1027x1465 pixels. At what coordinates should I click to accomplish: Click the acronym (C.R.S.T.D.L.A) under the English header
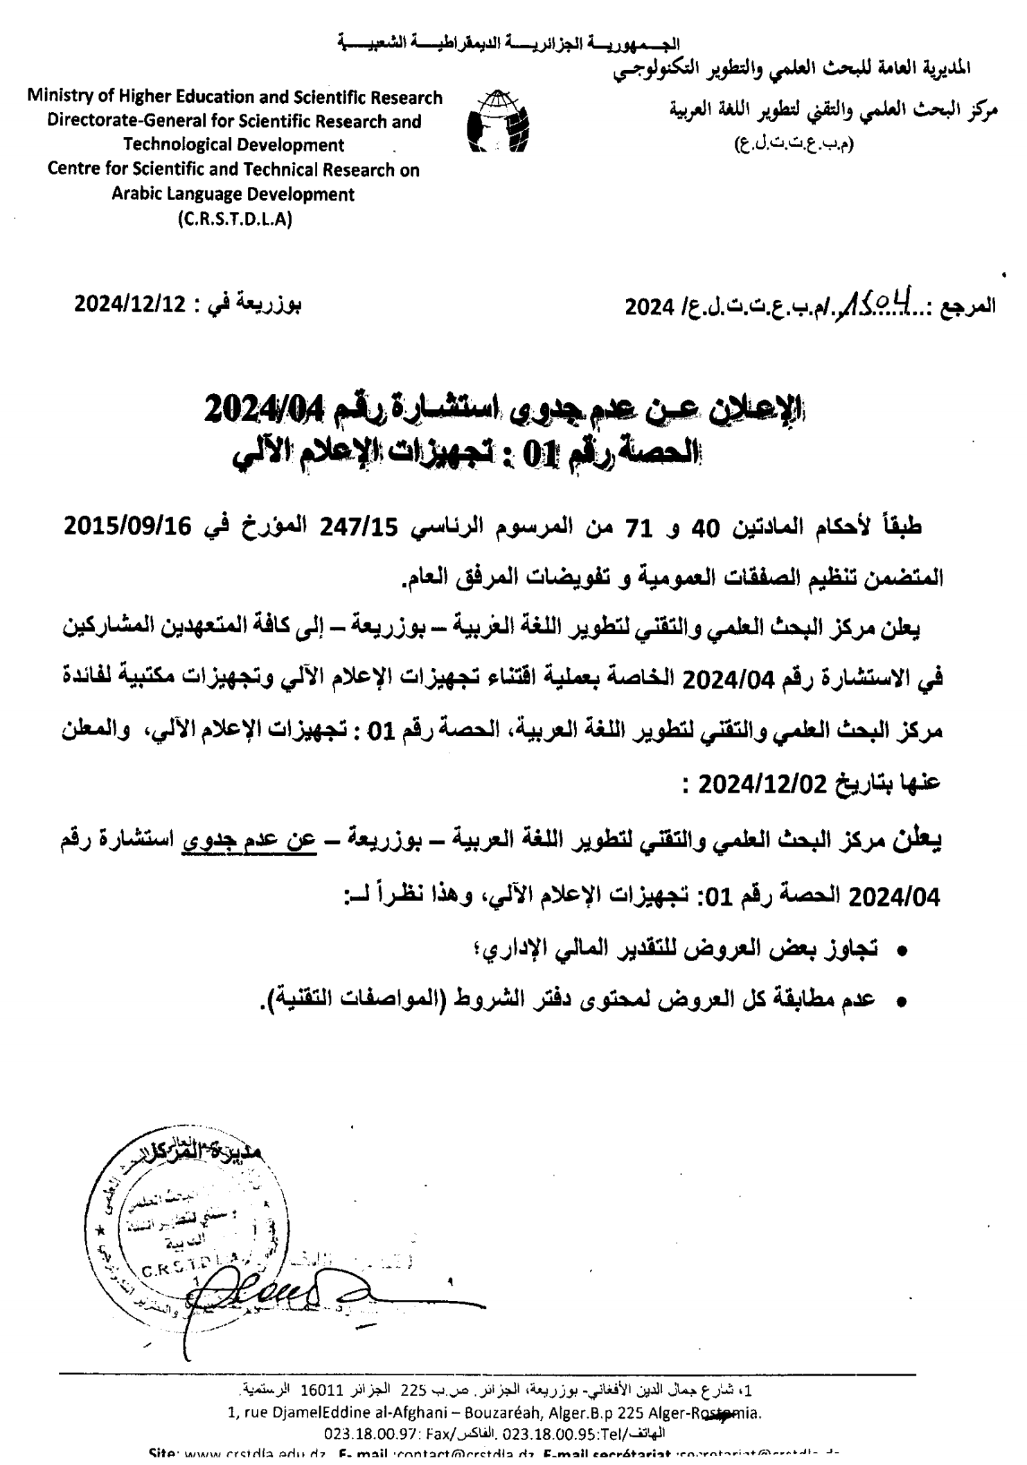[234, 219]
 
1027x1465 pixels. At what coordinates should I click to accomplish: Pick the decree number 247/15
[358, 529]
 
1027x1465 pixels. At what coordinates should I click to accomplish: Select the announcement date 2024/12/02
[762, 785]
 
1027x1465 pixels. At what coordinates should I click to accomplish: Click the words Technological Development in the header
[234, 145]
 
